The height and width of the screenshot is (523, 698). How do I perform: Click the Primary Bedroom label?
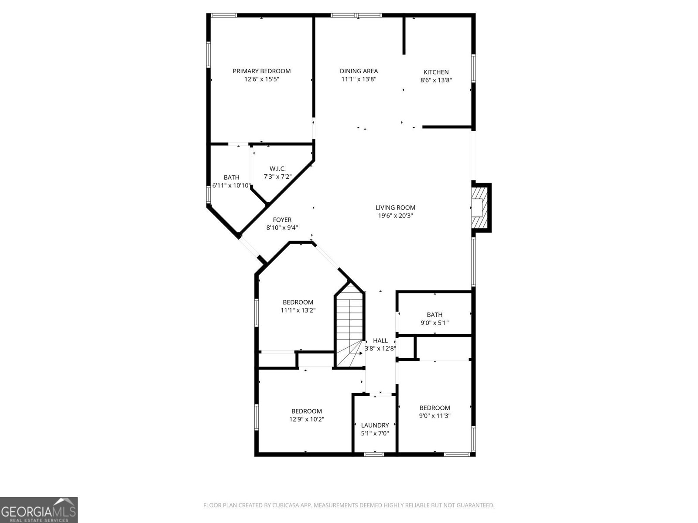pyautogui.click(x=261, y=71)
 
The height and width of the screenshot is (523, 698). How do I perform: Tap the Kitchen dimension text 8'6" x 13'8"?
pyautogui.click(x=436, y=80)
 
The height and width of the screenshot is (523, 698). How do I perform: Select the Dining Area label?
pyautogui.click(x=359, y=71)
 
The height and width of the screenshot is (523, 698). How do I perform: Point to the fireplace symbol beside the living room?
pyautogui.click(x=481, y=207)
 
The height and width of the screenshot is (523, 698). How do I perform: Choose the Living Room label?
pyautogui.click(x=395, y=207)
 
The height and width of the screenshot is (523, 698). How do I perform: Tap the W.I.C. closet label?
pyautogui.click(x=277, y=169)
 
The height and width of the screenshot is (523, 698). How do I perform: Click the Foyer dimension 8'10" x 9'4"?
pyautogui.click(x=282, y=228)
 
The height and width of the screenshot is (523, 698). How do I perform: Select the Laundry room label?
pyautogui.click(x=375, y=425)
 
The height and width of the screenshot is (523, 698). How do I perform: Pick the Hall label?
pyautogui.click(x=380, y=340)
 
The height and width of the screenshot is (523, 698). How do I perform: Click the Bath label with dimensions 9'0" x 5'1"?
pyautogui.click(x=435, y=315)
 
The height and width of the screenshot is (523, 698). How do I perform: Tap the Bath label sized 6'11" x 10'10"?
pyautogui.click(x=231, y=177)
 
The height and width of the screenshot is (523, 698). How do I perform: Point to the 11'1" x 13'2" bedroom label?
pyautogui.click(x=298, y=302)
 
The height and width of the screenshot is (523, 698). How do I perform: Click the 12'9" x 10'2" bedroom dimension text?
pyautogui.click(x=307, y=419)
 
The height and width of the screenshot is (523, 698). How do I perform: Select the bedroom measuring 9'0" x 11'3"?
pyautogui.click(x=435, y=408)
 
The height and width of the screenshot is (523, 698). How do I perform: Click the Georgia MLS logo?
pyautogui.click(x=39, y=510)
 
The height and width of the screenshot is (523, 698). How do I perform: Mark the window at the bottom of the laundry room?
pyautogui.click(x=374, y=454)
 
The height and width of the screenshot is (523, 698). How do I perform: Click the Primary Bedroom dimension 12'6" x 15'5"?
pyautogui.click(x=261, y=79)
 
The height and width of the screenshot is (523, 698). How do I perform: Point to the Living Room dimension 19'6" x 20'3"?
pyautogui.click(x=395, y=215)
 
